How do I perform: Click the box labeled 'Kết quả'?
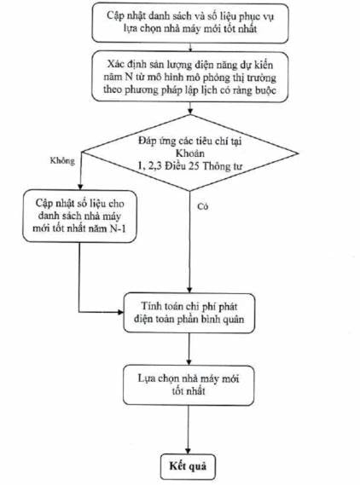coord(188,467)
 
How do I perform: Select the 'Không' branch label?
coord(62,161)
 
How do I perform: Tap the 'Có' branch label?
coord(203,206)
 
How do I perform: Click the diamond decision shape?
coord(190,153)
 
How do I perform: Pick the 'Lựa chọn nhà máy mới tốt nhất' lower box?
coord(189,385)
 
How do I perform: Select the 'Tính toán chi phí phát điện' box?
coord(189,313)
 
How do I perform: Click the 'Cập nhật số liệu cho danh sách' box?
coord(79,216)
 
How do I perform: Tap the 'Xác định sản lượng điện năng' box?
coord(190,77)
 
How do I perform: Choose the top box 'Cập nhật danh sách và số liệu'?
coord(190,22)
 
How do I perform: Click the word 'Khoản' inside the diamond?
coord(190,153)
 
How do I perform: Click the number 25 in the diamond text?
coord(195,166)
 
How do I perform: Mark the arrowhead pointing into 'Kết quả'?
coord(188,451)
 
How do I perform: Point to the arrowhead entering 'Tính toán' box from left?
coord(120,312)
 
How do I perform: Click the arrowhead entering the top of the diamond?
coord(190,112)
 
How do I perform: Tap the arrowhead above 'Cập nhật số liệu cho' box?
coord(80,187)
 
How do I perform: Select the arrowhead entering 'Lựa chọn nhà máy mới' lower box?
coord(189,362)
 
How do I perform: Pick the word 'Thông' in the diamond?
coord(214,166)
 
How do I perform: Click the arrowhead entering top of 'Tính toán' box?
coord(189,290)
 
